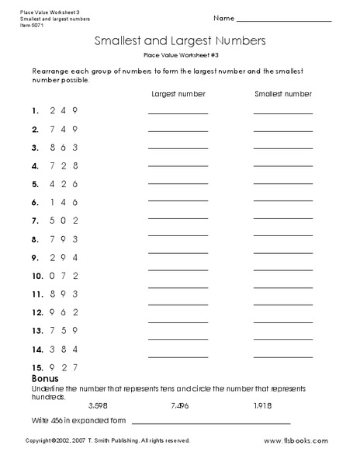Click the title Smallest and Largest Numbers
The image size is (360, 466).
(179, 39)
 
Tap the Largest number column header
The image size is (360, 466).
(178, 94)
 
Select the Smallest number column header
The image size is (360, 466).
(283, 94)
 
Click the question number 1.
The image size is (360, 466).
(35, 110)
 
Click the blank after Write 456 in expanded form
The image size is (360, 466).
(211, 423)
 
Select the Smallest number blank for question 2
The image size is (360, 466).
(283, 132)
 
